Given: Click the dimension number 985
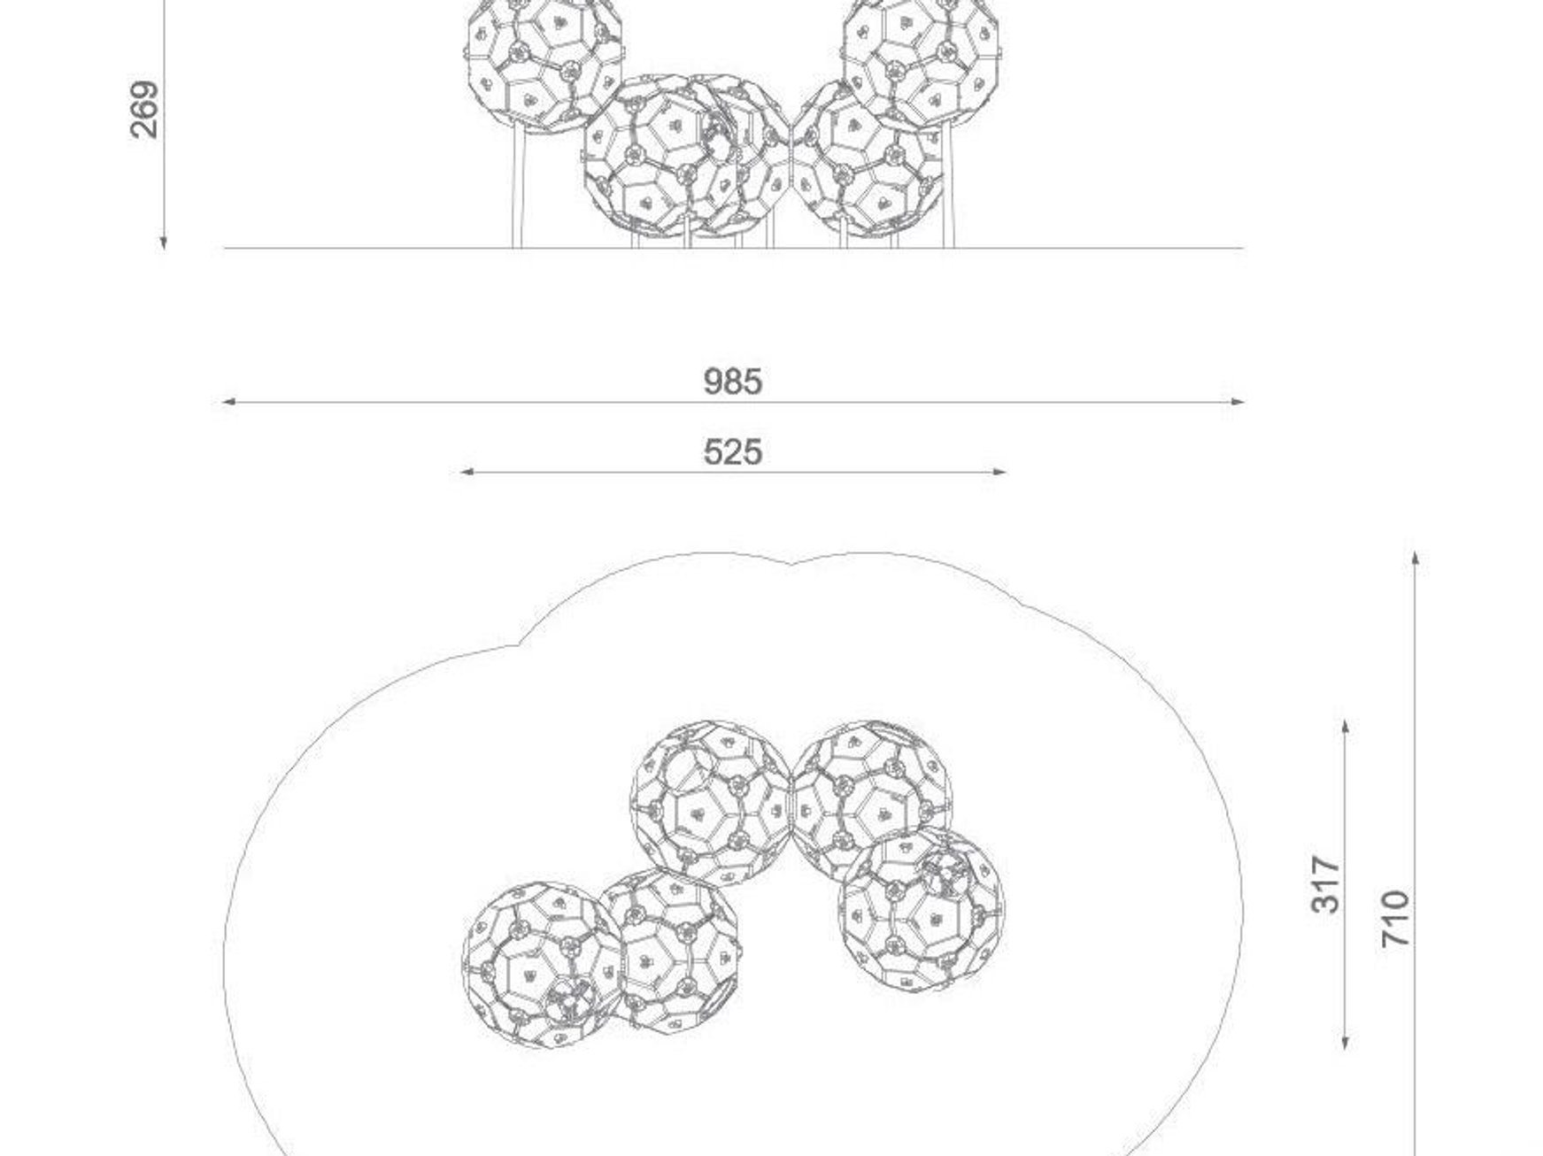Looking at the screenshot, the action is point(732,381).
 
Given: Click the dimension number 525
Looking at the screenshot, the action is point(732,452).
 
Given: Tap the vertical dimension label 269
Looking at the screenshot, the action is point(145,110).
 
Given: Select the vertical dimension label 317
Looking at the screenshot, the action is point(1326,883).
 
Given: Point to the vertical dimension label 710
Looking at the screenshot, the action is point(1396,919).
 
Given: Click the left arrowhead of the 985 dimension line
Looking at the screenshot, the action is point(228,402).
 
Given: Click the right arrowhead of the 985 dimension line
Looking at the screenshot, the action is point(1238,402).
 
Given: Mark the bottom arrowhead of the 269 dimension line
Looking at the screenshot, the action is point(164,242).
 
